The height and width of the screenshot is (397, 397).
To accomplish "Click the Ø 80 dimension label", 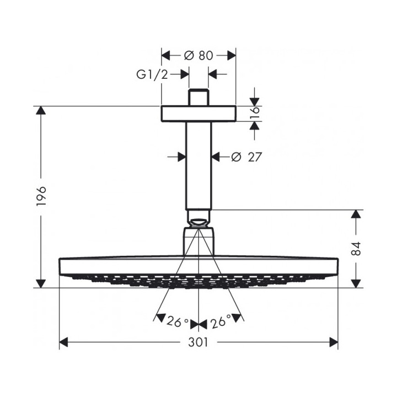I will (x=198, y=55).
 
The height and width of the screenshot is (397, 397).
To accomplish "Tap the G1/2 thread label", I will (x=152, y=74).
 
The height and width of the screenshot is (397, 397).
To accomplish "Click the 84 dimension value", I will (x=357, y=249).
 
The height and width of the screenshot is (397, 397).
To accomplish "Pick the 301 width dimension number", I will (x=198, y=342).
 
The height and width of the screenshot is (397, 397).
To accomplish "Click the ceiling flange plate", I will (x=198, y=113).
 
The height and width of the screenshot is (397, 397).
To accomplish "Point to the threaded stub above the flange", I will (x=198, y=97).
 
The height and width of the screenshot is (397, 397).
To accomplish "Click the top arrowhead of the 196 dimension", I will (x=40, y=110).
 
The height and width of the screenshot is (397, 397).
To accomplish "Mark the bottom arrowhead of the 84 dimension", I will (x=357, y=283).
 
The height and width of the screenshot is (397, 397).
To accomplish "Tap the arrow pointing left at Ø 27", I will (x=217, y=157).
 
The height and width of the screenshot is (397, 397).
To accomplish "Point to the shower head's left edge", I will (x=59, y=266).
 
